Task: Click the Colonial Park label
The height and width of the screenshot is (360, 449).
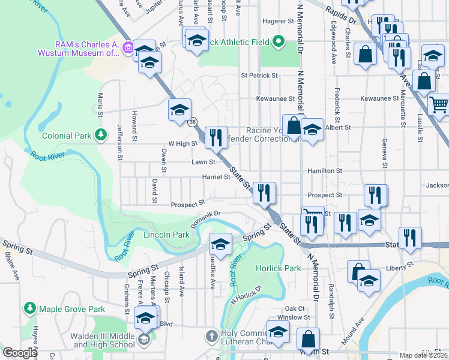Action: [66, 136]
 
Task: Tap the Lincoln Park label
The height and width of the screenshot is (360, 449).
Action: [166, 235]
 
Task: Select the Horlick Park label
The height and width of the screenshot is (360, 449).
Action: [279, 268]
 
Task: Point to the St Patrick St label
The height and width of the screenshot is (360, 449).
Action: [259, 76]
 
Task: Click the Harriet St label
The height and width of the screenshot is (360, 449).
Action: [219, 177]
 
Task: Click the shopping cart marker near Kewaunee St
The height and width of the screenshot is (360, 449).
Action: [439, 104]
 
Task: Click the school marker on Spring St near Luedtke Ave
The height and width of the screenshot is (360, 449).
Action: [221, 244]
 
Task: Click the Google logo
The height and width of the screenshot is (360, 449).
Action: [20, 353]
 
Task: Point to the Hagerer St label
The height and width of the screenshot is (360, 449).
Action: [277, 21]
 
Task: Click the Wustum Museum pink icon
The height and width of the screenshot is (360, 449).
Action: [128, 47]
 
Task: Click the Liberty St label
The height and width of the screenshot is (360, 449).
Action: [401, 264]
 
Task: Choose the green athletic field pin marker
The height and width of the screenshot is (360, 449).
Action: [278, 42]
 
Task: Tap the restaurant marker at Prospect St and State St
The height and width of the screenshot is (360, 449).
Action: [264, 193]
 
